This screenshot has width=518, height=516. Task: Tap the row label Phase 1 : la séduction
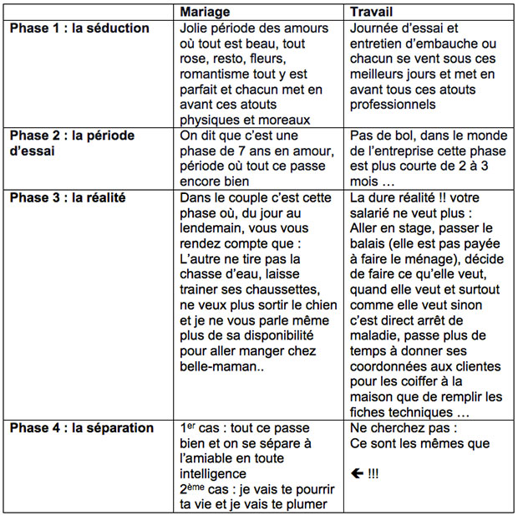pyautogui.click(x=79, y=28)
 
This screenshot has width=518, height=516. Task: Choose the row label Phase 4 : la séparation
pyautogui.click(x=82, y=428)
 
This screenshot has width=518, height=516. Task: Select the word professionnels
pyautogui.click(x=393, y=105)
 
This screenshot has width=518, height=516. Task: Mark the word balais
pyautogui.click(x=370, y=244)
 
